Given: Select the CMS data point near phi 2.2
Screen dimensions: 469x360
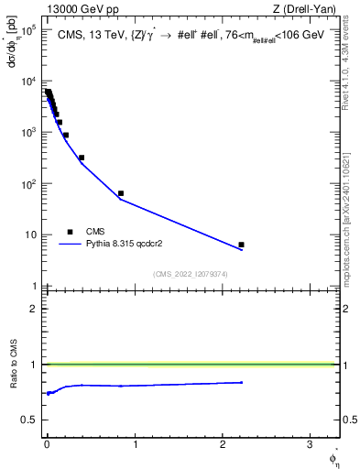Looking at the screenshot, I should (x=241, y=245).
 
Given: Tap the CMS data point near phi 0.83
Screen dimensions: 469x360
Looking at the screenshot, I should (x=121, y=193).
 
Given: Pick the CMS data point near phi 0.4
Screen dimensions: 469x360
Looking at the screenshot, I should (x=82, y=158).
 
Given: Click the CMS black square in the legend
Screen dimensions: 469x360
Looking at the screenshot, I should (x=70, y=232).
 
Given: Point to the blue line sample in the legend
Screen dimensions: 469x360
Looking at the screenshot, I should (x=71, y=245).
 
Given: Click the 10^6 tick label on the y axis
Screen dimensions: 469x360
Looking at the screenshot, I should (x=28, y=30).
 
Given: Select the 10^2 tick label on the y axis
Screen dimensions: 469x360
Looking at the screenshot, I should (x=28, y=184).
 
